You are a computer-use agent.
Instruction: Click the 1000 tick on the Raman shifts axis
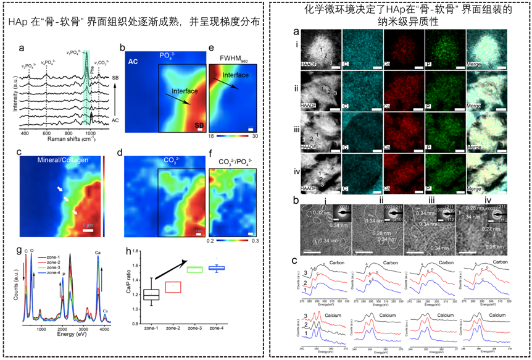(90, 132)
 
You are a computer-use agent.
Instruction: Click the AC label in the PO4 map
(133, 62)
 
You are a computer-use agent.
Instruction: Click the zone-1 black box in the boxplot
(151, 295)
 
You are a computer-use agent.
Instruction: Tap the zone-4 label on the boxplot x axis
(216, 327)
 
